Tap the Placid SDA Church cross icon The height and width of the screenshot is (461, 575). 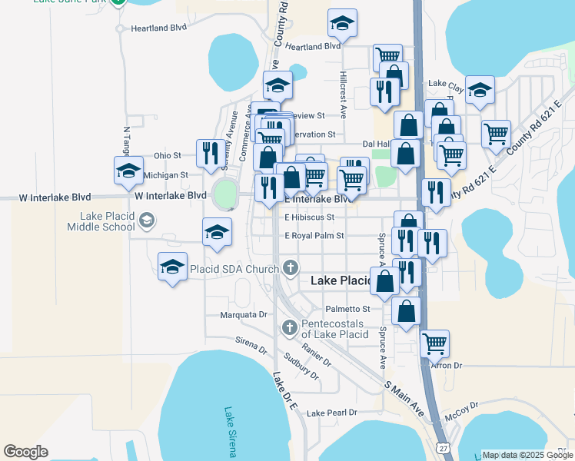point(290,268)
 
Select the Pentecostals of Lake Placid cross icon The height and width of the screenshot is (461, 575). point(289,327)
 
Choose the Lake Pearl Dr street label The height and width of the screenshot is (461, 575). point(332,413)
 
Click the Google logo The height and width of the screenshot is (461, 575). point(25,451)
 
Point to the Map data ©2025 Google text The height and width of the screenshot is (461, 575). point(527,455)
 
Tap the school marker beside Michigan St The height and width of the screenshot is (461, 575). point(128,171)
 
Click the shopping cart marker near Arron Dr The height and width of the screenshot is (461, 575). point(435,343)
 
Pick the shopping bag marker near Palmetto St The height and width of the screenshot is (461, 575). point(407,311)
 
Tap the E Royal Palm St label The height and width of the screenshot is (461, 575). point(314,236)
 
